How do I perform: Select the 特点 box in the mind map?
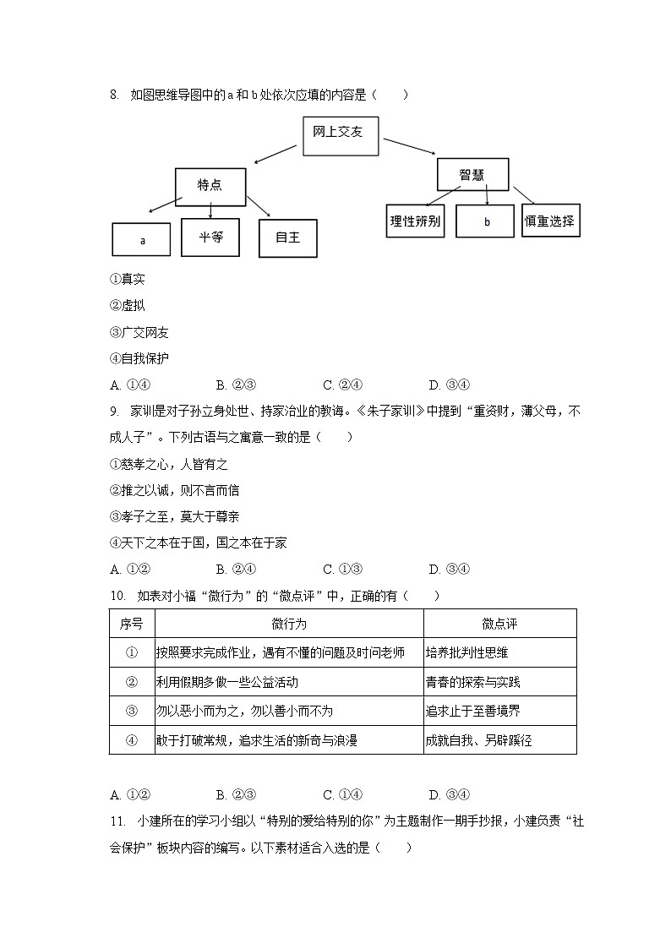point(210,186)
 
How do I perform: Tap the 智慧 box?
point(472,175)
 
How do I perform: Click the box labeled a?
point(142,239)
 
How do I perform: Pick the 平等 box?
point(210,237)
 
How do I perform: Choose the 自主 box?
point(287,237)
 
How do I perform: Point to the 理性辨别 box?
point(415,222)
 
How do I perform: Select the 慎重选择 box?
point(550,221)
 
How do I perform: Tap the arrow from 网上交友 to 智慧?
point(408,146)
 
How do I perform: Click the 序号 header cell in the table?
point(131,624)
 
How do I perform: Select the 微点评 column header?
point(499,624)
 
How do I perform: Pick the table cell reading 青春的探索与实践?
point(474,681)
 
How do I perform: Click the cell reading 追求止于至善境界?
point(474,711)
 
